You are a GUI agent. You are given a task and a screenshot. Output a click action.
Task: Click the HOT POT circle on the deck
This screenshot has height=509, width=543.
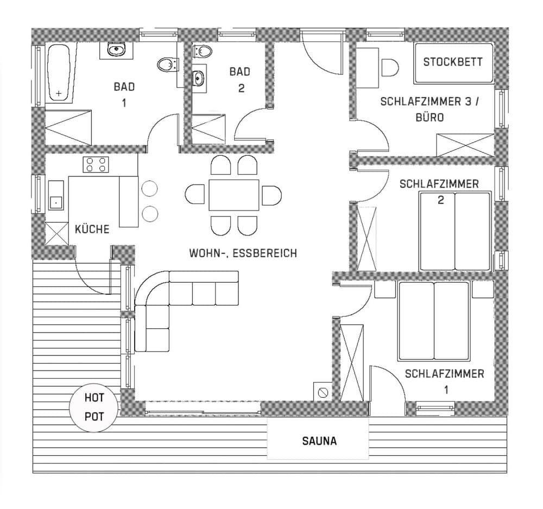click(x=93, y=407)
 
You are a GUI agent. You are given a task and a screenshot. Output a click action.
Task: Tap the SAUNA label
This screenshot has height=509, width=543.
click(x=319, y=441)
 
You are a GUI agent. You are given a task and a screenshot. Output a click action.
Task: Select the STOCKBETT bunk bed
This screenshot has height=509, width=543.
click(x=453, y=62)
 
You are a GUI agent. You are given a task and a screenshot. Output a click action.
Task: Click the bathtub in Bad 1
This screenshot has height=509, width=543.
click(x=59, y=73)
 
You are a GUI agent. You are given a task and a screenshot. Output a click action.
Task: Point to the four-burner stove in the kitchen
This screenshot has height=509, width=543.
click(x=96, y=164)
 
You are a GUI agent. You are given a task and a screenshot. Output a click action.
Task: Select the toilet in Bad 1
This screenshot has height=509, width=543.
click(x=167, y=65)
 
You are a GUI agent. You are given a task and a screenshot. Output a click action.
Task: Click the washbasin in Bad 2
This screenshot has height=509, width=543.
click(x=198, y=78)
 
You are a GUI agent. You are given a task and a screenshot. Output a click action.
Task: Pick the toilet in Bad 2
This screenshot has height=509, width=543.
click(x=203, y=52)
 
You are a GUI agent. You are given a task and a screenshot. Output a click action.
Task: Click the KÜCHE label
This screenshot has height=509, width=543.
click(x=92, y=229)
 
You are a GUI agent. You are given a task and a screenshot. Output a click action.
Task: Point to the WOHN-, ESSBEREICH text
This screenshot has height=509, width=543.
click(x=243, y=253)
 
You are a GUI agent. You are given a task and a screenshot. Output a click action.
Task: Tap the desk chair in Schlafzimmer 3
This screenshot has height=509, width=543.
click(x=390, y=68)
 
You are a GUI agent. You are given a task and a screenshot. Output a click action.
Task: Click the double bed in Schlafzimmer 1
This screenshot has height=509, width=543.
click(x=433, y=321)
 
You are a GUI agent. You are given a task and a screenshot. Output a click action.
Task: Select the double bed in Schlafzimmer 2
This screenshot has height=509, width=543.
click(x=455, y=231)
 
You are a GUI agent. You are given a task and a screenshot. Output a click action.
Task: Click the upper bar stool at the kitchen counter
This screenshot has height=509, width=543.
click(x=149, y=189)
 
